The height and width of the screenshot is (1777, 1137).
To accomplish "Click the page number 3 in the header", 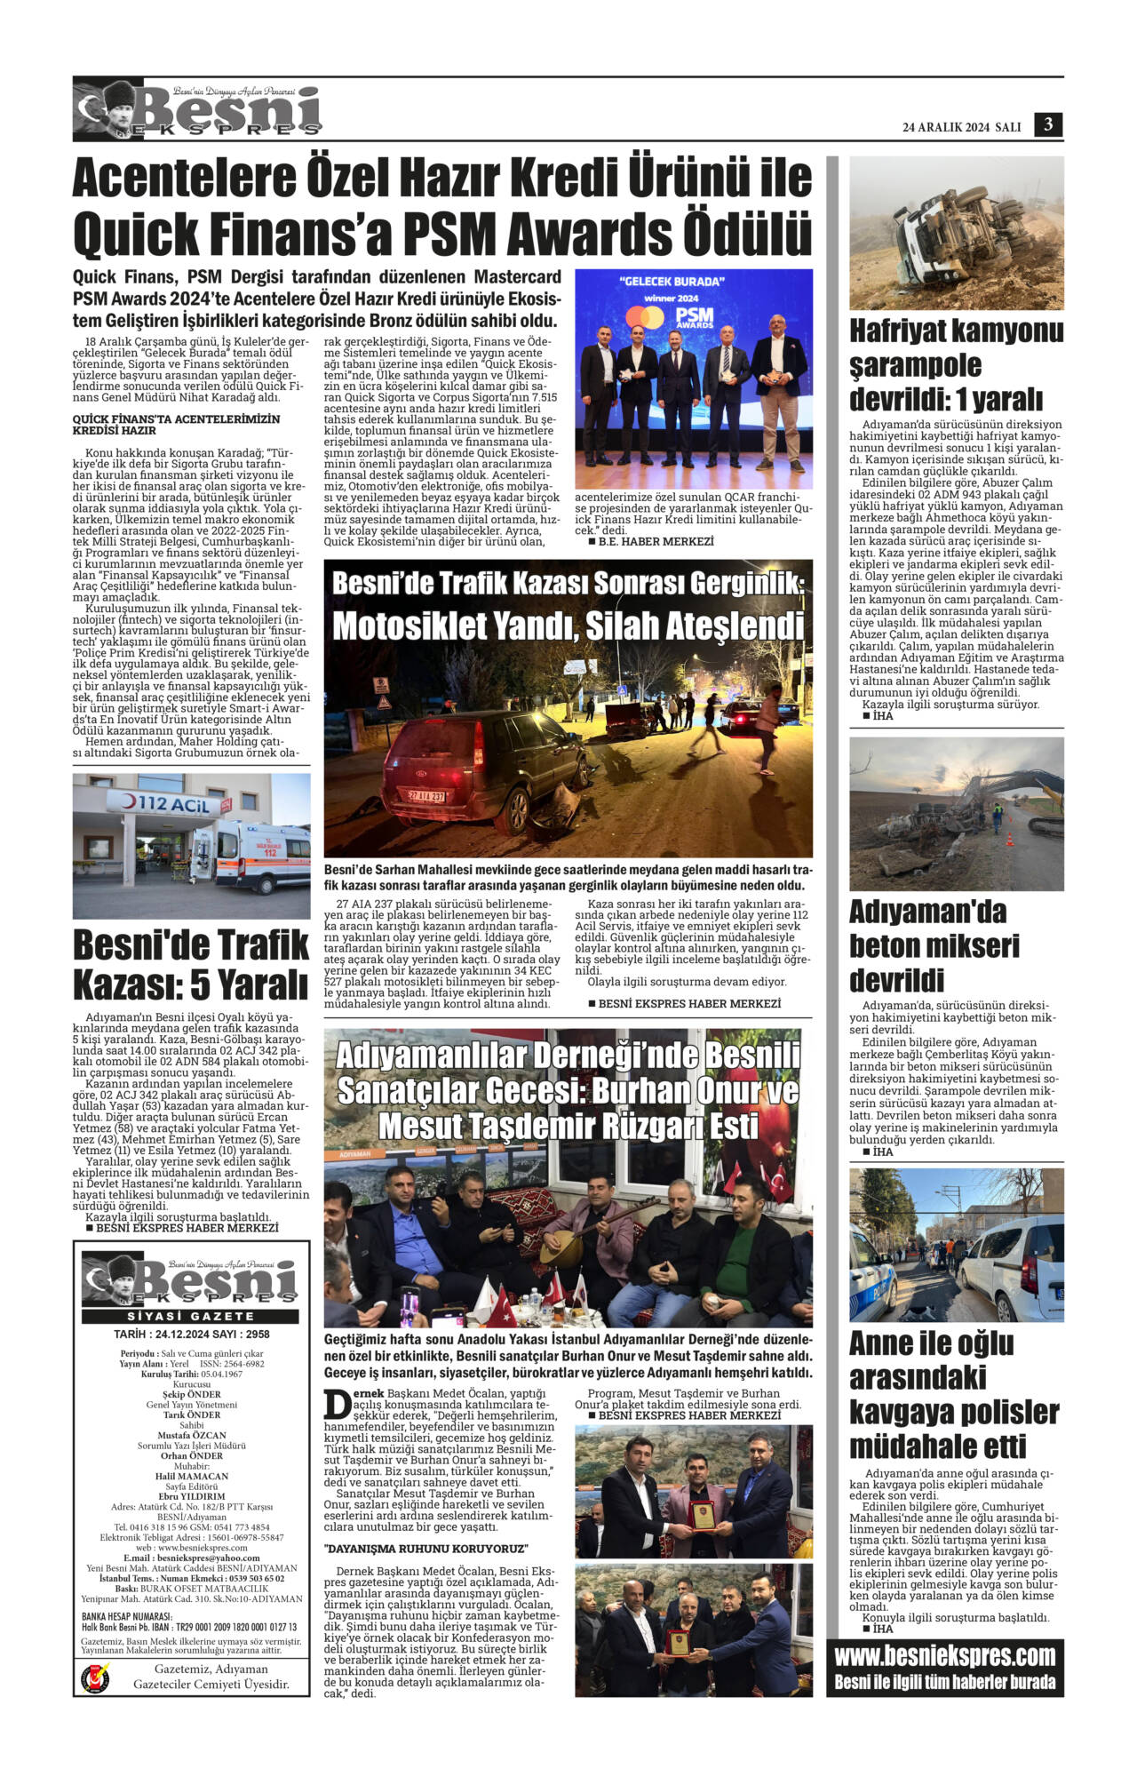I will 1048,125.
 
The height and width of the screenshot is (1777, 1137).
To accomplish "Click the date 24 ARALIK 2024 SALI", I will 961,127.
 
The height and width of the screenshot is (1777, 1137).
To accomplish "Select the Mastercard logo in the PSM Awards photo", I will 645,318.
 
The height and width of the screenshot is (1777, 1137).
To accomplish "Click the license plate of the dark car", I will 426,796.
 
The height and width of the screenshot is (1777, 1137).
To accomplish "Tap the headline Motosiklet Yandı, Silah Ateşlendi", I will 568,626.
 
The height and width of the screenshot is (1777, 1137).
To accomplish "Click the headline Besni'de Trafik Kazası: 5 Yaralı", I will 191,963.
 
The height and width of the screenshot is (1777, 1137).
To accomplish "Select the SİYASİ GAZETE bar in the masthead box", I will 191,1316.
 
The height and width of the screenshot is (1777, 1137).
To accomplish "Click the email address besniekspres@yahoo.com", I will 191,1558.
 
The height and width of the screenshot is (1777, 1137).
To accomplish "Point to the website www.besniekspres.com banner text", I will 944,1655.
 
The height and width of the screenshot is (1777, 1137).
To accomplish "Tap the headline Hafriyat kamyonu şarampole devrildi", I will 956,364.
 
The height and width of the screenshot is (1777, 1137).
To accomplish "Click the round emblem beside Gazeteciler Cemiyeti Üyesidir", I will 94,1677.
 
